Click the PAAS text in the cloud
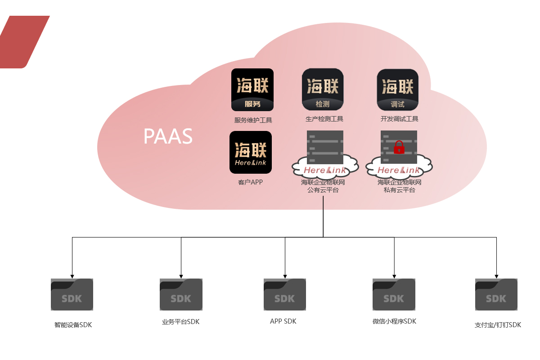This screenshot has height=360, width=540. [x=168, y=136]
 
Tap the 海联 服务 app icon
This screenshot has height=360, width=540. [x=252, y=90]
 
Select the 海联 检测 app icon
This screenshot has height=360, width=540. [x=323, y=89]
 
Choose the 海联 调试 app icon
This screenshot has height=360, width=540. [x=397, y=90]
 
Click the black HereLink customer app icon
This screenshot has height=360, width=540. [x=251, y=152]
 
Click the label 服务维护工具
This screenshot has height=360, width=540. [x=253, y=120]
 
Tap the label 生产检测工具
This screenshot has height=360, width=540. [x=324, y=119]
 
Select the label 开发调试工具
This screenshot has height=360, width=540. [x=399, y=119]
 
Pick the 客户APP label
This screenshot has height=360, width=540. [x=250, y=182]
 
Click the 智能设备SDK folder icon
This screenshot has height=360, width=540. [x=72, y=294]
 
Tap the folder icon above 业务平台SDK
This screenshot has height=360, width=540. [x=181, y=294]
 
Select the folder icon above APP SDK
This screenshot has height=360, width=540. [x=284, y=294]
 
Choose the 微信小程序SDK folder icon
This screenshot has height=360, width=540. [x=394, y=294]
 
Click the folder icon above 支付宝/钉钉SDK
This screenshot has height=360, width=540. [x=496, y=294]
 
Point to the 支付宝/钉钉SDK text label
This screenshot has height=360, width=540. [x=498, y=325]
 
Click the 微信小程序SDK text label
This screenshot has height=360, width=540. [x=394, y=321]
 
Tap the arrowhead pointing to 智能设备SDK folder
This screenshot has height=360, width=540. [x=72, y=276]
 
